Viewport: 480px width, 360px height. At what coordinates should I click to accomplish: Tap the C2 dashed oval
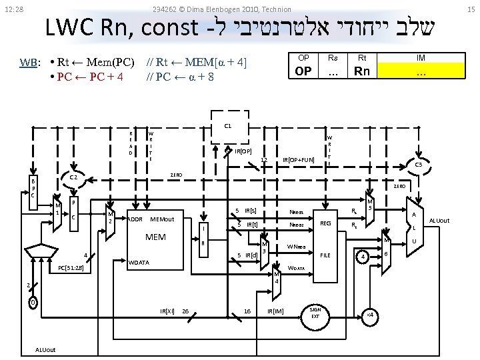[75, 178]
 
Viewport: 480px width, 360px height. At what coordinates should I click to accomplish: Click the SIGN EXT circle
[315, 313]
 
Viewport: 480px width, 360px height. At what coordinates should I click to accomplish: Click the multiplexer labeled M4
[277, 276]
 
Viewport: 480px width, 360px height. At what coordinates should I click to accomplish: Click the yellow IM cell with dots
[421, 71]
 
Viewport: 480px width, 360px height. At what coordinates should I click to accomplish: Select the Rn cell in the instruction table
[362, 71]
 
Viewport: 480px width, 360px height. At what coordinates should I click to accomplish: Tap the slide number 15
[470, 9]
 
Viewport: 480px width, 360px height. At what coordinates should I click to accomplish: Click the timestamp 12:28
[14, 9]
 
